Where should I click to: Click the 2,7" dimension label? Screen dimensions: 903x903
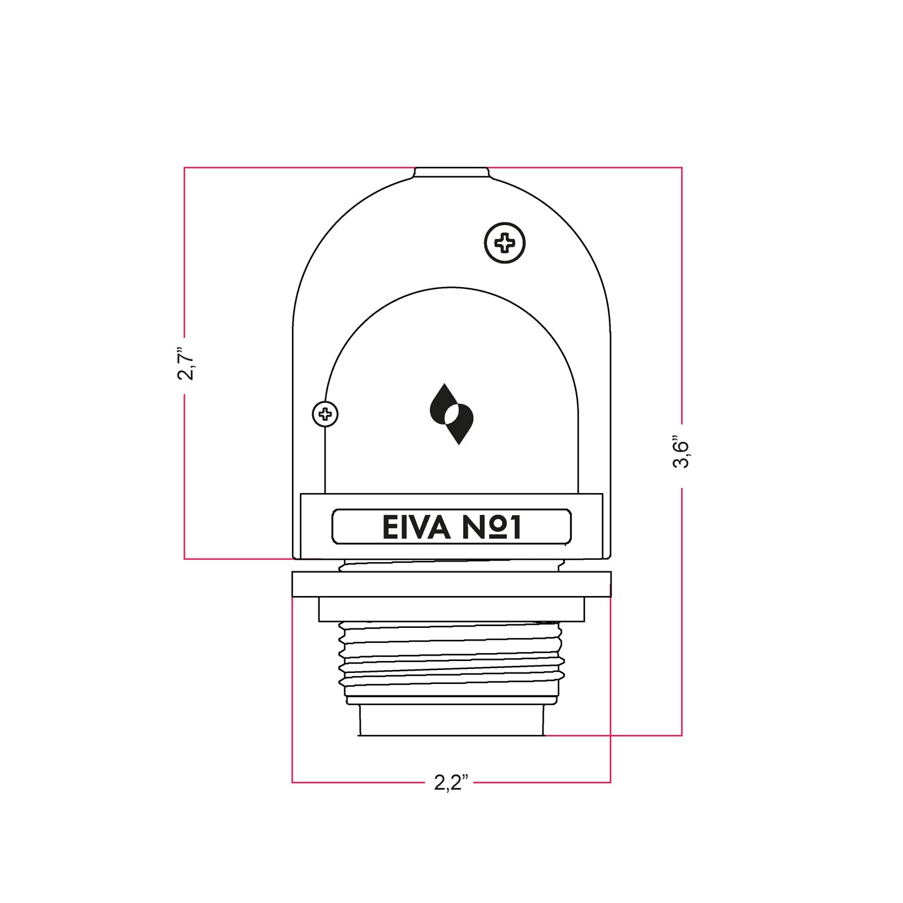185,364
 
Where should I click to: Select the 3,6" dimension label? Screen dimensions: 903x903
681,451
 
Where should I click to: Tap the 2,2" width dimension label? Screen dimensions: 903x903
451,783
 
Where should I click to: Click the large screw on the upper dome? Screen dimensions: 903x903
504,244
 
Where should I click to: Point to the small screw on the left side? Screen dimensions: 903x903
325,414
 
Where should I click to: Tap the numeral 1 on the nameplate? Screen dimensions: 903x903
514,527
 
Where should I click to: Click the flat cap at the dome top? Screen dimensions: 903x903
451,173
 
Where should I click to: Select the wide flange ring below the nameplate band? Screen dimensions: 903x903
451,584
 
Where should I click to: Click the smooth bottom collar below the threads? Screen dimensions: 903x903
451,719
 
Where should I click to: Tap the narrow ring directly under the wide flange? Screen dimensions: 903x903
451,609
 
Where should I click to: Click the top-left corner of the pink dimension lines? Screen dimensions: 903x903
185,167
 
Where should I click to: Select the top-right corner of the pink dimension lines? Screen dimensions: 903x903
681,167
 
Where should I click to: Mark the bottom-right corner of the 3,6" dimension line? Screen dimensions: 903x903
681,735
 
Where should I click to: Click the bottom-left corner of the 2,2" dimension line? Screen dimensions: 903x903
293,782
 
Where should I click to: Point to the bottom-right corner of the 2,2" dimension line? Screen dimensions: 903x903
610,782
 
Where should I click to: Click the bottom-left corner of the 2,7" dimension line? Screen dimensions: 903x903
185,559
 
